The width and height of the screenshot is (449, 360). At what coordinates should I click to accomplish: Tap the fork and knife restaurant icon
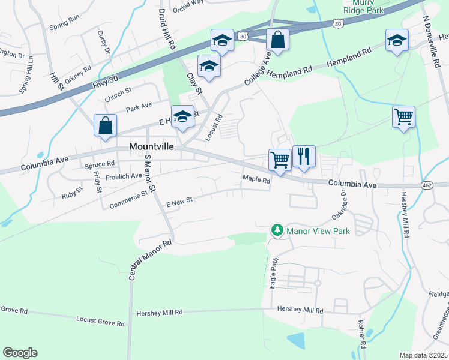(304, 157)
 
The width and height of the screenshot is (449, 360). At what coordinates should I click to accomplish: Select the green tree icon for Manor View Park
(277, 230)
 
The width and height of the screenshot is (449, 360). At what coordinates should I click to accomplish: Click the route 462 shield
(427, 184)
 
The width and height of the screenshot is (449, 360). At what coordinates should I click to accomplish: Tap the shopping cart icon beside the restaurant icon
(280, 160)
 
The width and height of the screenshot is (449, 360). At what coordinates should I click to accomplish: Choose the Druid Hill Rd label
(167, 28)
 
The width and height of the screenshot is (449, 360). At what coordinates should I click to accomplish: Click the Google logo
(20, 353)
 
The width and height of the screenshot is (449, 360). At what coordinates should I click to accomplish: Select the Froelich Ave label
(124, 176)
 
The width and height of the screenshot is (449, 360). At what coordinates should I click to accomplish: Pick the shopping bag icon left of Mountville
(105, 126)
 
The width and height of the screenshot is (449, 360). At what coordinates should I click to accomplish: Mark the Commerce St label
(128, 200)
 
